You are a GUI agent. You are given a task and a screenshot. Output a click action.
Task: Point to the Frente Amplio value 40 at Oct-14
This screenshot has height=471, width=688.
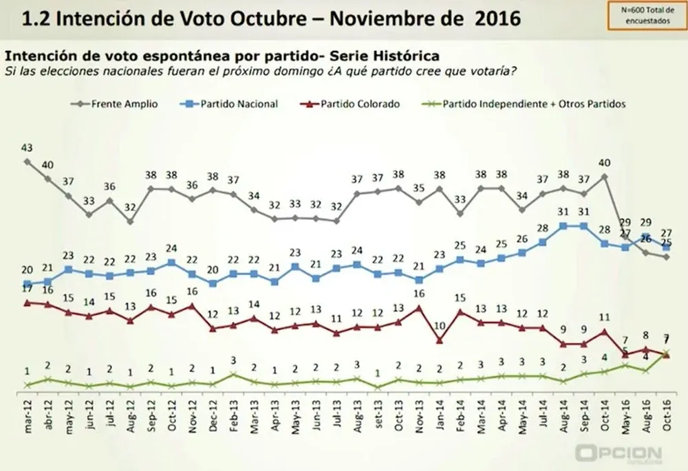tap(603, 163)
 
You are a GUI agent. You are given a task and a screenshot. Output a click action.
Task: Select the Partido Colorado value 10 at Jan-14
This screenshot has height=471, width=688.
tap(439, 326)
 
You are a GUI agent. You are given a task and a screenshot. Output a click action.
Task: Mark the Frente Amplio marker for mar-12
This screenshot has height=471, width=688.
tap(28, 162)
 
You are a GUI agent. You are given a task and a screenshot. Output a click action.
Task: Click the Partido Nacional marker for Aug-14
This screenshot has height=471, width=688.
tap(563, 226)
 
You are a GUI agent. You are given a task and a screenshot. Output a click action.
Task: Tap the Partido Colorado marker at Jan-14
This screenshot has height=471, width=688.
tap(439, 340)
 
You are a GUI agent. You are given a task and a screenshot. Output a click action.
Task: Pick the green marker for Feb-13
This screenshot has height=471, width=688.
tap(233, 375)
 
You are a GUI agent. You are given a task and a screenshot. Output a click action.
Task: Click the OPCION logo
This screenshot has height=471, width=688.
tap(619, 454)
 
